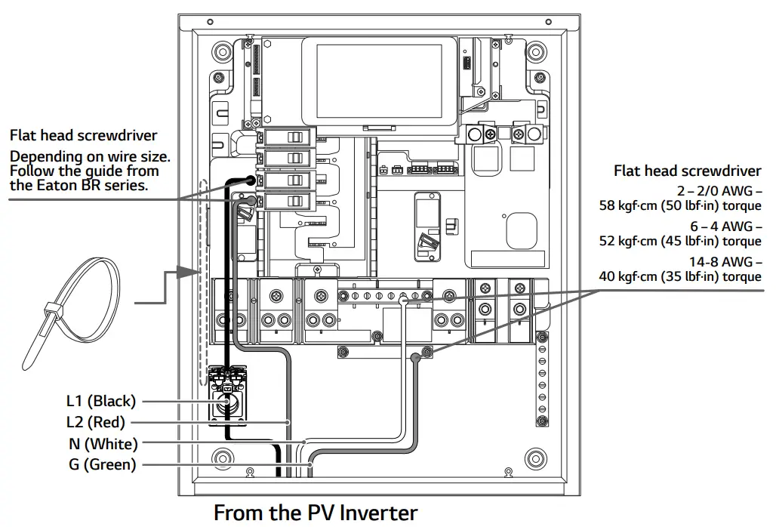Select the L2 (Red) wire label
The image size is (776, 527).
(96, 422)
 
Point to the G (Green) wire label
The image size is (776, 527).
(102, 464)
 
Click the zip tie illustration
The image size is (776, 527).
(71, 307)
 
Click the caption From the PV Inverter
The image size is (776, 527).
(315, 513)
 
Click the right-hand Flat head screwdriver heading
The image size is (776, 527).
(687, 171)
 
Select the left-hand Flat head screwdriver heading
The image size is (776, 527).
(83, 136)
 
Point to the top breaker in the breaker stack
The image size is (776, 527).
(288, 137)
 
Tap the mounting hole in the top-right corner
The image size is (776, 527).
(535, 54)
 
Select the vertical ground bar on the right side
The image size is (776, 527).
(540, 378)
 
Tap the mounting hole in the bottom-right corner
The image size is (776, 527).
(535, 458)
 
